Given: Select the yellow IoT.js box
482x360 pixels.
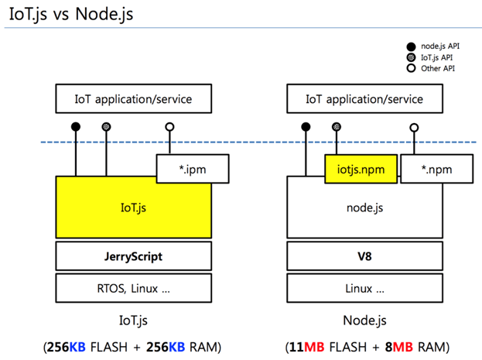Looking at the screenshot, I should (132, 207).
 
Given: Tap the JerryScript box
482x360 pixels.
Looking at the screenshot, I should (132, 255).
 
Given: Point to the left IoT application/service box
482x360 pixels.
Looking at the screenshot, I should (132, 99).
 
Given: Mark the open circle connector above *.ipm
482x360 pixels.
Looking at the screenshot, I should (169, 126).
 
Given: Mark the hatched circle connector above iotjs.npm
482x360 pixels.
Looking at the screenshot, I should (336, 126).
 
